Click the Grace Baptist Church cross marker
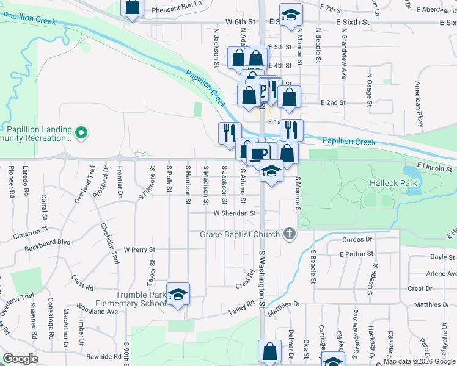pyautogui.click(x=290, y=234)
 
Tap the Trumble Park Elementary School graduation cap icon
pyautogui.click(x=177, y=295)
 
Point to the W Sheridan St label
pyautogui.click(x=234, y=213)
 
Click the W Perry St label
pyautogui.click(x=139, y=249)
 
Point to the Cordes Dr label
pyautogui.click(x=357, y=239)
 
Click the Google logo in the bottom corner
pyautogui.click(x=20, y=359)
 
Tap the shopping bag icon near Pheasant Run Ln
pyautogui.click(x=131, y=7)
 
